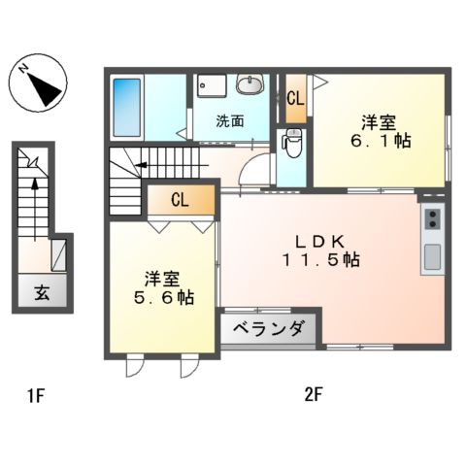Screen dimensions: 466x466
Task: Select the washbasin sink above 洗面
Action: (250, 85)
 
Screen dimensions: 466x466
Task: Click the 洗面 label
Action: (230, 121)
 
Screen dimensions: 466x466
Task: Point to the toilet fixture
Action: (292, 142)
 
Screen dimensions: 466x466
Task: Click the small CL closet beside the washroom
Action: (294, 98)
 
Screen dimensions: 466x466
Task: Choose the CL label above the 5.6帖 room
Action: (180, 201)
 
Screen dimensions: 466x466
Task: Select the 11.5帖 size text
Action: (323, 260)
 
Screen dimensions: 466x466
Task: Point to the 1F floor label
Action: (36, 395)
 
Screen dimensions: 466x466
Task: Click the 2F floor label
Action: (313, 395)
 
